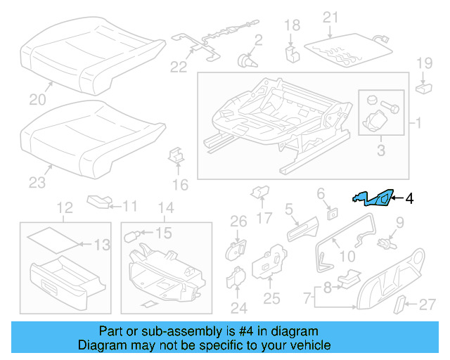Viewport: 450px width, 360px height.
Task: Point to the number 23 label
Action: (x=37, y=183)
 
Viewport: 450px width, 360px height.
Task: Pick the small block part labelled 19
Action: (x=423, y=89)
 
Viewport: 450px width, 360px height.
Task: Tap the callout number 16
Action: (x=181, y=185)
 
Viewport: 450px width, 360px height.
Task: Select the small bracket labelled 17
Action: (x=259, y=192)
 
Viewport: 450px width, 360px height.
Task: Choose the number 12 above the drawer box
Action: (x=65, y=207)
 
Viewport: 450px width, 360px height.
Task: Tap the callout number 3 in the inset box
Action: (x=381, y=150)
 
